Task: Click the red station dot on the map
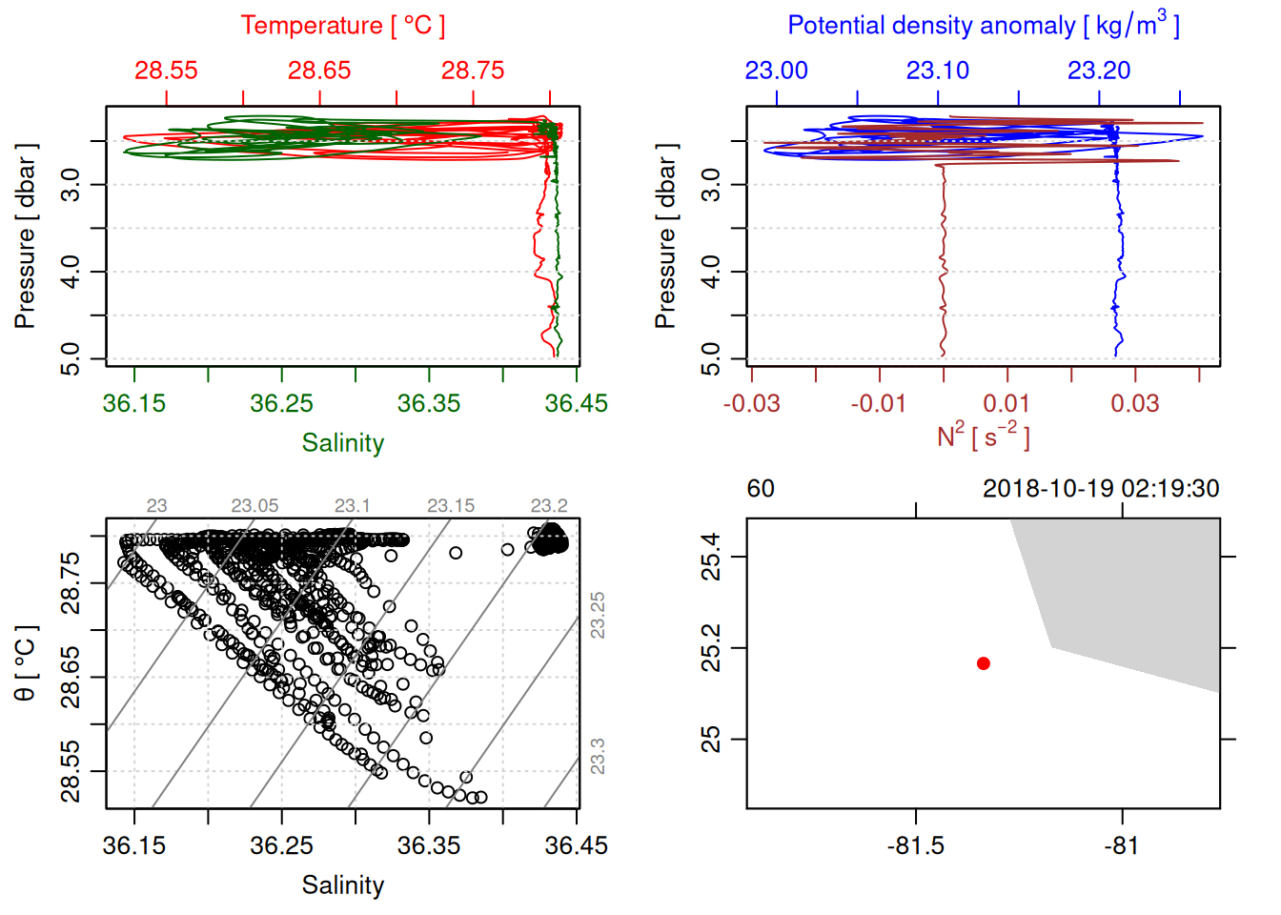(x=984, y=663)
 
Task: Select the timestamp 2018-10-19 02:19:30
(x=1101, y=489)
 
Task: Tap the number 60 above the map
(x=761, y=489)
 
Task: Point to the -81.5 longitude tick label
(x=916, y=845)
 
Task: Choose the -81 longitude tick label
(x=1122, y=845)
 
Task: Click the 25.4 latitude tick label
(x=711, y=557)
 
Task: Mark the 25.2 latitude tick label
(x=711, y=648)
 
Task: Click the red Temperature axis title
(x=343, y=26)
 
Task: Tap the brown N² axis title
(x=984, y=436)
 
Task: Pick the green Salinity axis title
(x=343, y=443)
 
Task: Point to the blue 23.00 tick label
(x=777, y=71)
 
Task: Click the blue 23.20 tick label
(x=1099, y=71)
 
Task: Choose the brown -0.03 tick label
(x=752, y=403)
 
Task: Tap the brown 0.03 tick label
(x=1135, y=403)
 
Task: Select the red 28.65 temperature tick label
(x=319, y=71)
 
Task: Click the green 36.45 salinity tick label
(x=576, y=403)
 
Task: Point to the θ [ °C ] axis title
(x=26, y=663)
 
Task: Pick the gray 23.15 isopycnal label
(x=451, y=505)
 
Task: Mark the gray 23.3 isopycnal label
(x=598, y=756)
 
